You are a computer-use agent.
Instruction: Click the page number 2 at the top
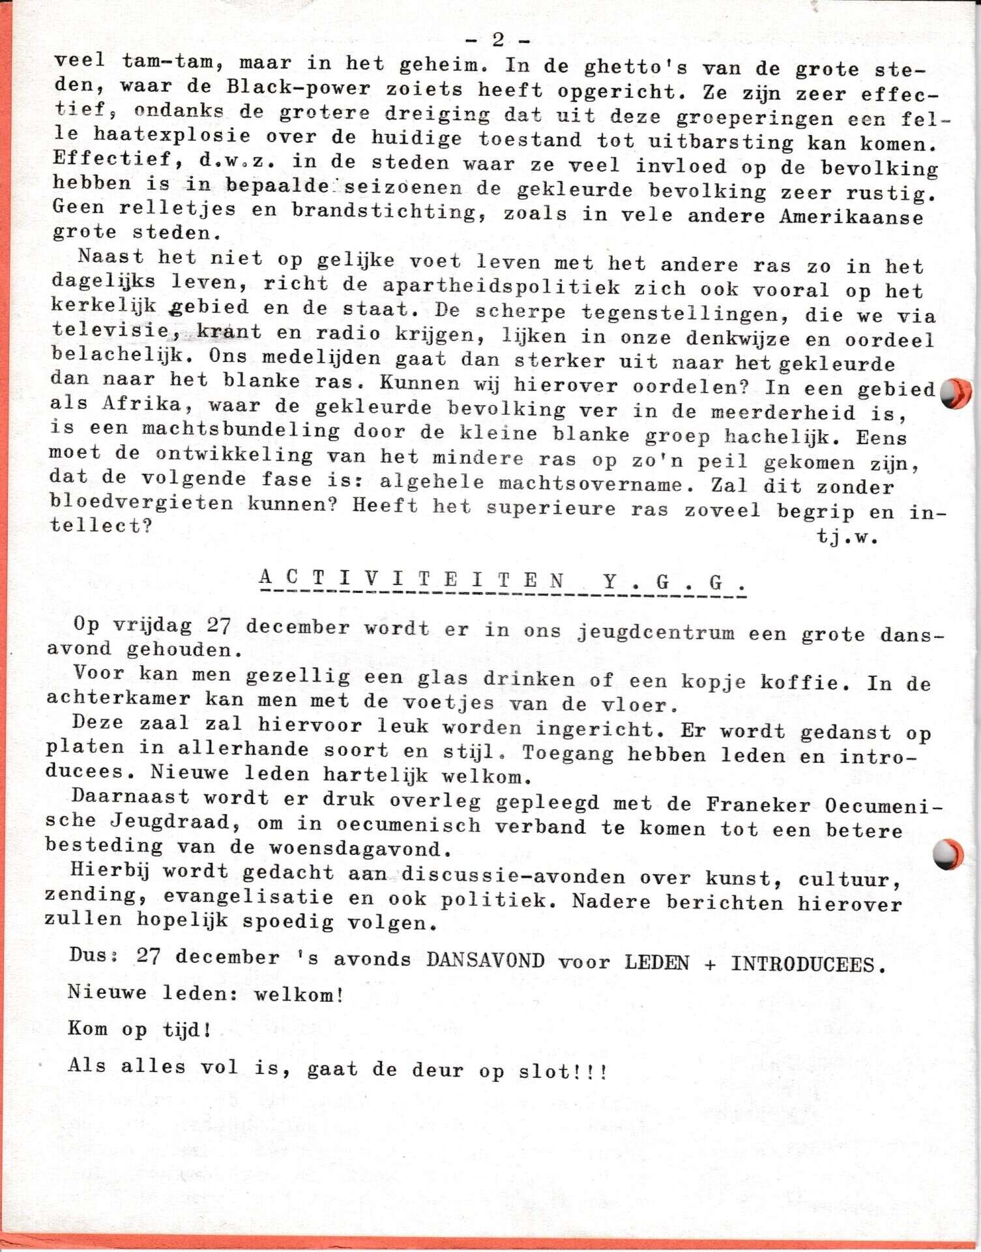pyautogui.click(x=497, y=40)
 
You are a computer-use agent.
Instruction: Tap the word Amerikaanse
pyautogui.click(x=851, y=216)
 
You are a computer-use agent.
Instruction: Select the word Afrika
pyautogui.click(x=141, y=404)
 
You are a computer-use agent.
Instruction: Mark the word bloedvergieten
pyautogui.click(x=141, y=503)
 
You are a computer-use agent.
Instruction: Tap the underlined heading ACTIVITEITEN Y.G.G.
pyautogui.click(x=502, y=580)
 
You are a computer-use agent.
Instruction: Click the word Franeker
pyautogui.click(x=757, y=805)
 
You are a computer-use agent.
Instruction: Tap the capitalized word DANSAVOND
pyautogui.click(x=485, y=961)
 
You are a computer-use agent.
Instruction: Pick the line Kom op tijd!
pyautogui.click(x=139, y=1030)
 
